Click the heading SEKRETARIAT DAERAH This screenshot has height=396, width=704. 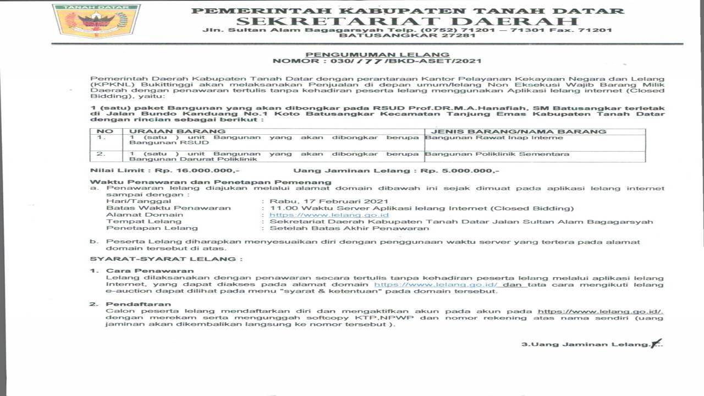[407, 21]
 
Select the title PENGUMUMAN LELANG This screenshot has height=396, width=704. [377, 54]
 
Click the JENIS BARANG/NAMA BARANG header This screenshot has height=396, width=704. [519, 131]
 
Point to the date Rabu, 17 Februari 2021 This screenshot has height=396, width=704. [328, 201]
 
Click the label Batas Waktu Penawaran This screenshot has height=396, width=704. [169, 208]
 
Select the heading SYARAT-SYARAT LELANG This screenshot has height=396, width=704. [166, 258]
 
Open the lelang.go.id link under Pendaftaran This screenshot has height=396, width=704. [600, 311]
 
